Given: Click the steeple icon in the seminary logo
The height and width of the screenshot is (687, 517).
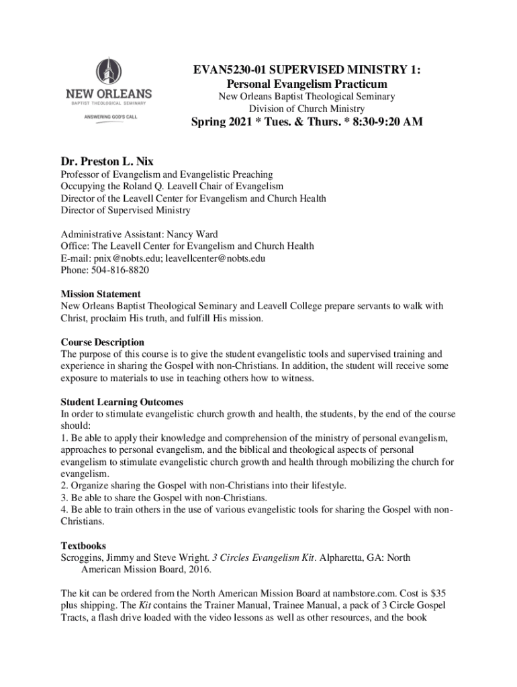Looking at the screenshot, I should pyautogui.click(x=107, y=70).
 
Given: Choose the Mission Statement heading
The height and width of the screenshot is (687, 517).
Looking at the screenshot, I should pyautogui.click(x=101, y=294).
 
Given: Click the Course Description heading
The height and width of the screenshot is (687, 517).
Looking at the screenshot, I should pyautogui.click(x=103, y=342).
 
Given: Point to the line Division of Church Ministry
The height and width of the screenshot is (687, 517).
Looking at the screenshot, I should pyautogui.click(x=307, y=109).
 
